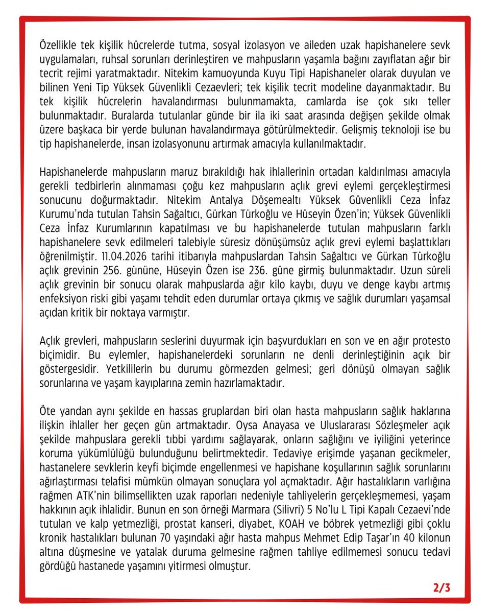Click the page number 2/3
[x=442, y=587]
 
